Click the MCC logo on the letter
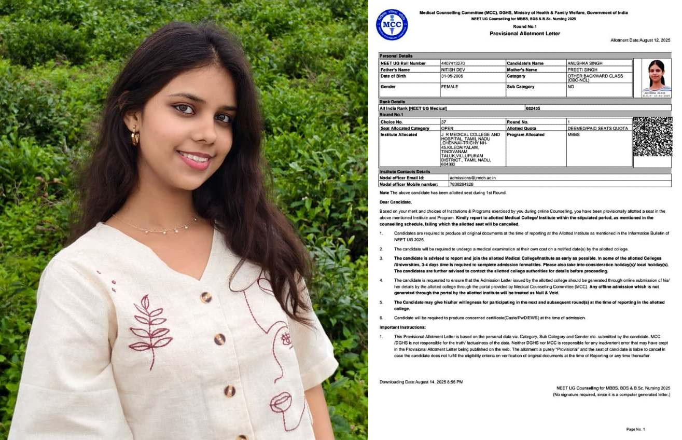tap(392, 25)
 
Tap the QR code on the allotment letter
tap(652, 136)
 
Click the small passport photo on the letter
tap(656, 78)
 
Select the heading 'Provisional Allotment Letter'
tap(525, 34)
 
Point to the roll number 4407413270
tap(453, 63)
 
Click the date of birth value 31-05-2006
tap(452, 76)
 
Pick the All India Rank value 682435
tap(533, 108)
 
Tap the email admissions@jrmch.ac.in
tap(472, 177)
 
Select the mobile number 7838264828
tap(461, 184)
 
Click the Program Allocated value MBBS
tap(573, 134)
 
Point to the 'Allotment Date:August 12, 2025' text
tap(640, 40)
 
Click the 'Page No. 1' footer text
tap(635, 429)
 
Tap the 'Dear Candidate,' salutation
tap(395, 202)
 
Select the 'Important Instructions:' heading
tap(402, 327)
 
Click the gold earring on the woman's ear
tap(135, 136)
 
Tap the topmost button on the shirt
tap(206, 297)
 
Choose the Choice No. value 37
tap(443, 121)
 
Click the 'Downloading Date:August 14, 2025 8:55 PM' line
tap(421, 382)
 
